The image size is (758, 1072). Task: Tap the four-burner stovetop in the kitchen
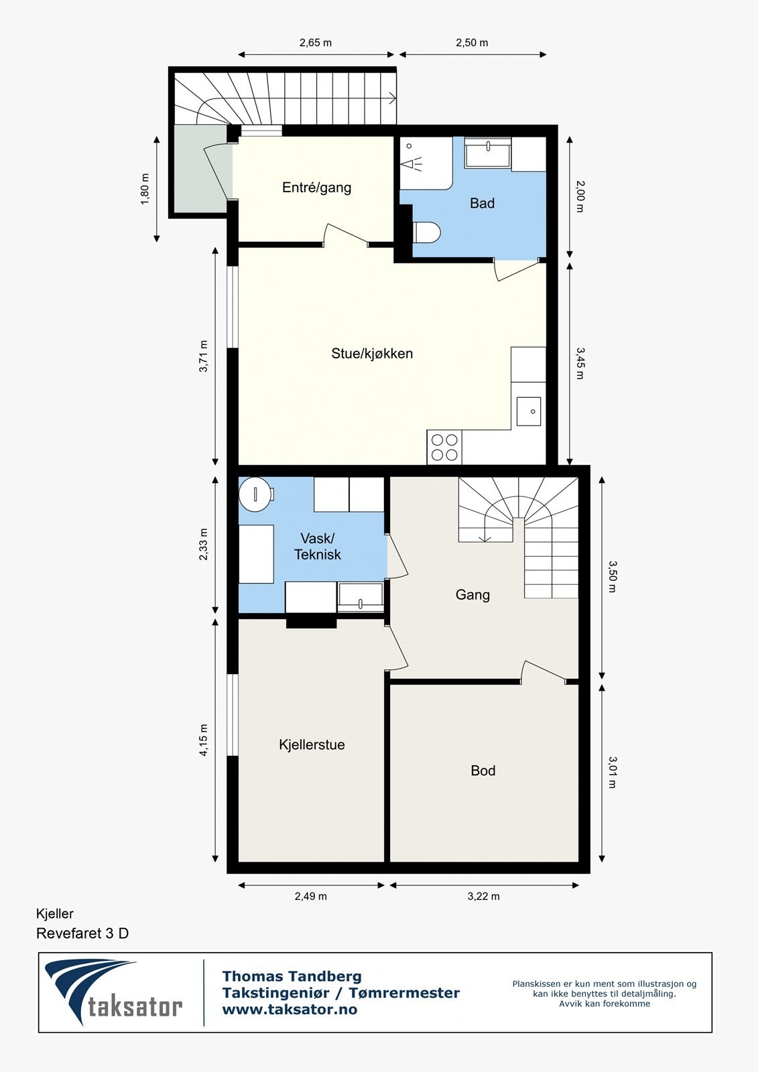point(444,447)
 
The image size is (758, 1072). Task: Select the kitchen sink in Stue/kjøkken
point(529,411)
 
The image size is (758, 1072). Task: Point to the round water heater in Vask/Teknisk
point(256,493)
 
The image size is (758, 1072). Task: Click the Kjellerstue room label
point(312,744)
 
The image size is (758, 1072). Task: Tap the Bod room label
point(483,770)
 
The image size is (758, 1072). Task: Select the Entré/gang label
point(316,187)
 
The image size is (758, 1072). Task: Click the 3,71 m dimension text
point(204,356)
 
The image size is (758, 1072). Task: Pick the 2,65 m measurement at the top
point(316,43)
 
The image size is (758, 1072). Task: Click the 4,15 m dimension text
point(204,740)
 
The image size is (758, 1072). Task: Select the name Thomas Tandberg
point(292,976)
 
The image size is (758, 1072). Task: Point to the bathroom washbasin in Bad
point(488,152)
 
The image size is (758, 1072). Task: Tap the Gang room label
point(472,595)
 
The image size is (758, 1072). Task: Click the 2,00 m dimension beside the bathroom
point(580,196)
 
